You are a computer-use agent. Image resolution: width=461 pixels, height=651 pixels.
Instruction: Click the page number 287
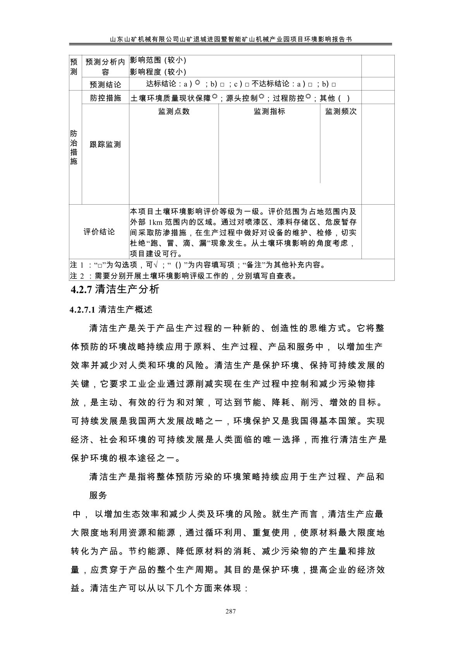coord(230,612)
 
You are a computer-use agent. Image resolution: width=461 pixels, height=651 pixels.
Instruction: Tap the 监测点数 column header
coord(174,111)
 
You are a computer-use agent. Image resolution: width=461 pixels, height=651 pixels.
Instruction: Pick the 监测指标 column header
coord(269,111)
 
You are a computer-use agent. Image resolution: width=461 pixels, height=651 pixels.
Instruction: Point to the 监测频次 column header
coord(341,111)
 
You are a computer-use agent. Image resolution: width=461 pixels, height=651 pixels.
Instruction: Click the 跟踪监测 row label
coord(105,144)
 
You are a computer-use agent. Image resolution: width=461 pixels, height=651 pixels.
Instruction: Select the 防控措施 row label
coord(105,98)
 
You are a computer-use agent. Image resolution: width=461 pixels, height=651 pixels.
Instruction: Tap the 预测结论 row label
coord(105,84)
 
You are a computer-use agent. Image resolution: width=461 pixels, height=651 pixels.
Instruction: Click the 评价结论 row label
coord(99,232)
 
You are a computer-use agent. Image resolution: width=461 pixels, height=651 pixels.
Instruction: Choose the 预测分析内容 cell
coord(105,67)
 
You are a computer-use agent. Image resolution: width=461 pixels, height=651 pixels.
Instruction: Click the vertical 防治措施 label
coord(74,147)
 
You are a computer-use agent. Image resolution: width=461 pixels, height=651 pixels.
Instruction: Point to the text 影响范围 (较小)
coord(158,60)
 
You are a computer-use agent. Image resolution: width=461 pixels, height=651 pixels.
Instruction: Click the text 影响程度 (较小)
coord(158,72)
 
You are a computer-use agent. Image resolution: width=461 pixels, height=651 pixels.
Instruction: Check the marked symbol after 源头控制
coord(261,97)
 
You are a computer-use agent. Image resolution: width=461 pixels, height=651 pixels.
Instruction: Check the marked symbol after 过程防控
coord(308,97)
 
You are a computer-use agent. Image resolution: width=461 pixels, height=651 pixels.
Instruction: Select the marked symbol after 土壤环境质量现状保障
coord(215,97)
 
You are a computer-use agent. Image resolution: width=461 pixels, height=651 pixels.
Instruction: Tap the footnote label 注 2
coord(77,276)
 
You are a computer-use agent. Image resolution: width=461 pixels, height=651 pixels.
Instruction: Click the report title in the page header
coord(230,39)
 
